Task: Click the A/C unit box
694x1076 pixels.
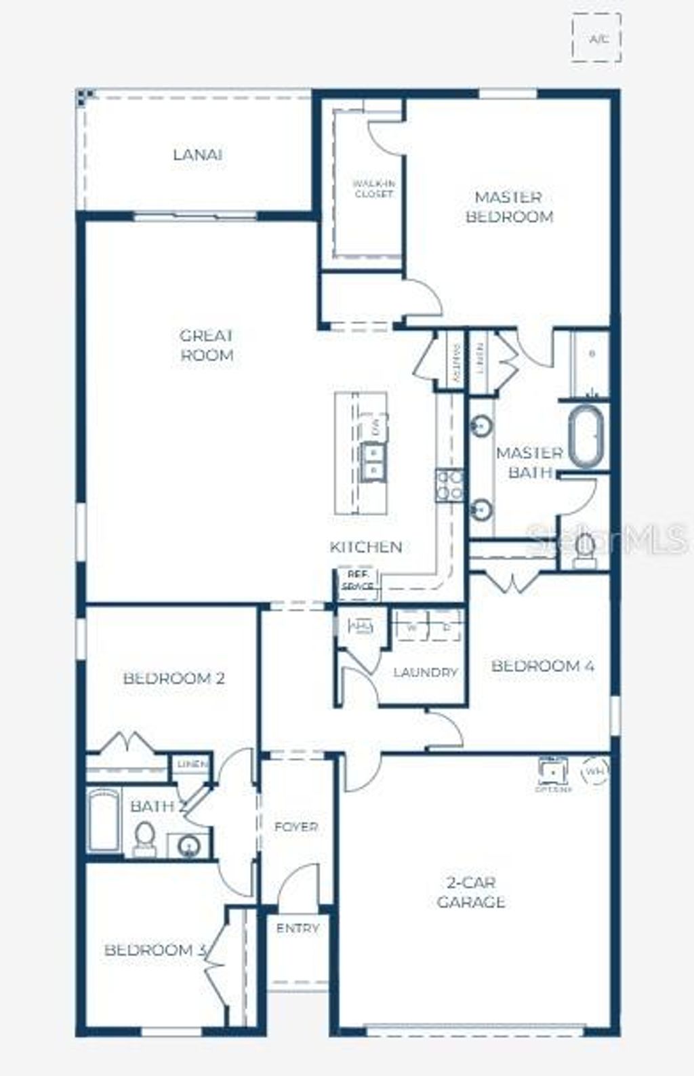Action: pos(596,39)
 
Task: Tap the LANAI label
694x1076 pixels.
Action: pos(197,155)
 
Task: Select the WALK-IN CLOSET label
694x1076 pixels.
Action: pos(373,188)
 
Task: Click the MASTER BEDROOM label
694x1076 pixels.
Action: pos(509,207)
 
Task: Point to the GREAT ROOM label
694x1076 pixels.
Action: pos(207,345)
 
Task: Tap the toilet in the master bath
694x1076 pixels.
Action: pos(584,548)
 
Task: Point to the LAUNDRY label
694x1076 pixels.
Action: pos(426,673)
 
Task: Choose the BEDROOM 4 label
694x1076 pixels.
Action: pos(543,666)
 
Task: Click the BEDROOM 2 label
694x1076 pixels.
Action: pos(173,678)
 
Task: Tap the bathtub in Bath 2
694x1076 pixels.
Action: pos(104,819)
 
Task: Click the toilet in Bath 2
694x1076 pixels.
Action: pos(144,838)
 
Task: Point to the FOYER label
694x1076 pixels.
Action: pos(296,827)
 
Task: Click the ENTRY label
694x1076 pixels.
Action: pos(298,928)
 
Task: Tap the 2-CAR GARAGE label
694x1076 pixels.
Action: pos(470,892)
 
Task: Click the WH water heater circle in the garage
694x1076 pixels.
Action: pos(596,771)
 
